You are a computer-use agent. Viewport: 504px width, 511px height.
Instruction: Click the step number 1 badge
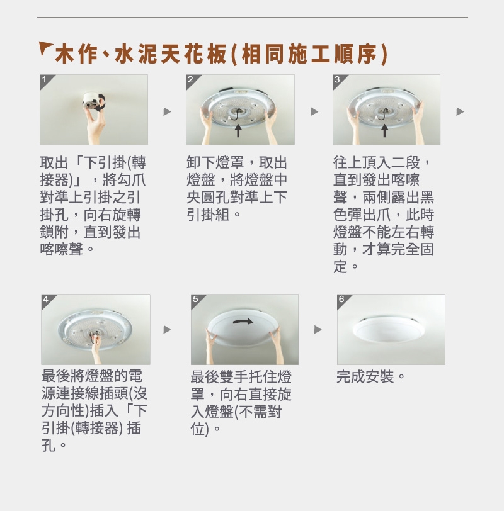pos(45,80)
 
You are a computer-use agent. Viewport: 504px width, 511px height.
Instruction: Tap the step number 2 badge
pos(191,80)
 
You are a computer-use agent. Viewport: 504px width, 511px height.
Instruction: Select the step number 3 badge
pos(338,80)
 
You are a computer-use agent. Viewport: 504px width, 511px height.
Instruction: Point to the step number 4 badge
pos(47,300)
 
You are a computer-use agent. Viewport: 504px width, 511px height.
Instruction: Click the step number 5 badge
pos(196,300)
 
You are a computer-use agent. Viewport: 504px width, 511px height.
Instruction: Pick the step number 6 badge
pos(342,300)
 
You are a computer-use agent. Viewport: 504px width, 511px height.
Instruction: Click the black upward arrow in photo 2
pos(238,130)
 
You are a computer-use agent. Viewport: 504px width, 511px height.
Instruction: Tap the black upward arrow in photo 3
pos(384,130)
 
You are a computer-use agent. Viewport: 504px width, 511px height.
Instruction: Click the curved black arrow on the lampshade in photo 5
pos(243,322)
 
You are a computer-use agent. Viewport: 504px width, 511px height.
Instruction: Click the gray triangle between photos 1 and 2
pos(167,111)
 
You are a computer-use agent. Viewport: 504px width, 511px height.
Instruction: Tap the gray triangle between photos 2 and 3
pos(314,111)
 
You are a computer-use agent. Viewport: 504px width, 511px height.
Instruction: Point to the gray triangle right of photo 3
pos(460,111)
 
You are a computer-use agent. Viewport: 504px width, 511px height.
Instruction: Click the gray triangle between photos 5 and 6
pos(318,330)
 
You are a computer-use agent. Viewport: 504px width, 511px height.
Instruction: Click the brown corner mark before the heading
pos(45,48)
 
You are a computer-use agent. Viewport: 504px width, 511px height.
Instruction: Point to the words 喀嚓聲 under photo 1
pos(62,250)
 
